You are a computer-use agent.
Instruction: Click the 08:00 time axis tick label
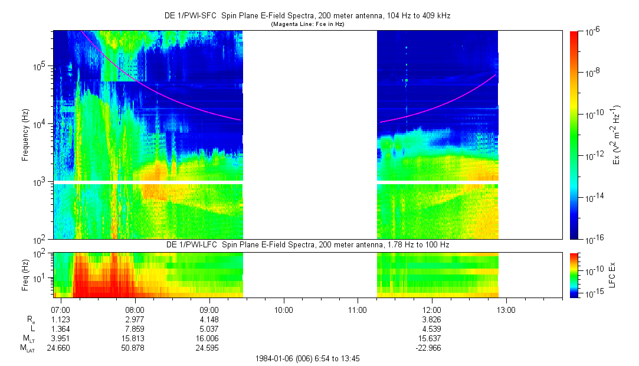[x=135, y=309]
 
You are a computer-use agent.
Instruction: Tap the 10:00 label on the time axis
[x=284, y=309]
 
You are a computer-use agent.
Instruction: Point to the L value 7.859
[x=135, y=328]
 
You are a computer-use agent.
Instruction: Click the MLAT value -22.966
[x=432, y=347]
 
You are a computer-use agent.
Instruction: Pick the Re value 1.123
[x=61, y=319]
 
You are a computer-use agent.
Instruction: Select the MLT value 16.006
[x=209, y=338]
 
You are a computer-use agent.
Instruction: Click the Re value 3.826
[x=432, y=319]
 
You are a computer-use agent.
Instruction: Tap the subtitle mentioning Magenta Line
[x=307, y=24]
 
